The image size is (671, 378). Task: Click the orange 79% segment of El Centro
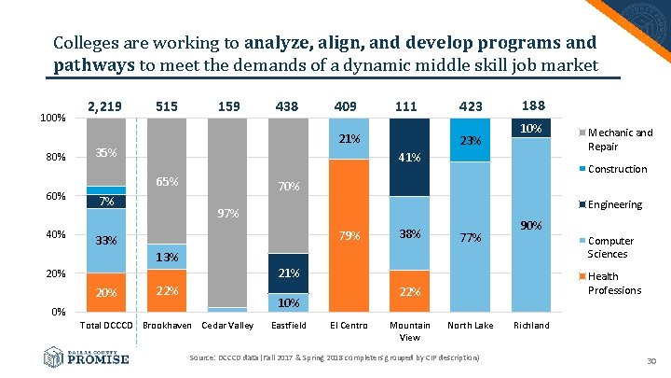349,235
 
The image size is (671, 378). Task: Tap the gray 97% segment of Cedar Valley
228,214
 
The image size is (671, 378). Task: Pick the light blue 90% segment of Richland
529,225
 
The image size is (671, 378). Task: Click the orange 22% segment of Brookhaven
168,290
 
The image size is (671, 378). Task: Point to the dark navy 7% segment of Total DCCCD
106,202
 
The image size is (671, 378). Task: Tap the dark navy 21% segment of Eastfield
289,273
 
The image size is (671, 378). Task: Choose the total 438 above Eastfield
286,106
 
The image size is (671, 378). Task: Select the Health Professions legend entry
614,283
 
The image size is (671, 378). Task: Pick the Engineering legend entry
614,204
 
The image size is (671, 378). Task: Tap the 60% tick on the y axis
53,196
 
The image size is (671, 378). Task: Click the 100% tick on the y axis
50,119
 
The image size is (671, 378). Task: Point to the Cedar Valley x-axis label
227,326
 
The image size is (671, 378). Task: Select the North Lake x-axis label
470,326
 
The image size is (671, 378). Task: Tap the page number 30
652,362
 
